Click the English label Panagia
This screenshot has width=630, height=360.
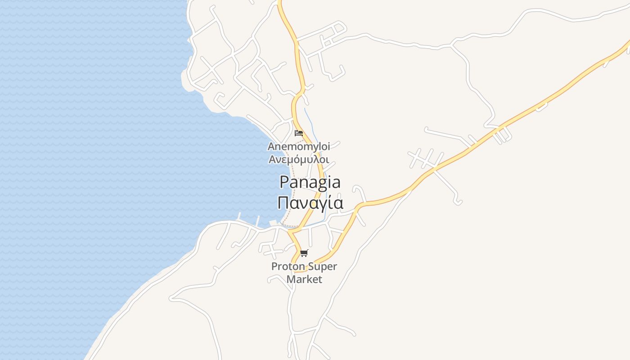coord(310,182)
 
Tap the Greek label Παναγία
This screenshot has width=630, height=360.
coord(310,202)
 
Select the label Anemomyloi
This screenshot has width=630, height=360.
coord(299,147)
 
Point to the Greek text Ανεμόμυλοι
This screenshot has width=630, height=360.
coord(299,159)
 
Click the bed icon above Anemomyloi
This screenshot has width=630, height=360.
coord(298,133)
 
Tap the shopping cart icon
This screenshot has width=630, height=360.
coord(304,253)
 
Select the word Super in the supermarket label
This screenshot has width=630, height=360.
coord(322,266)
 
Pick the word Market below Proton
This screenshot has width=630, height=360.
coord(305,279)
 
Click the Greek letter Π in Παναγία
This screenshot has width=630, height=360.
coord(283,202)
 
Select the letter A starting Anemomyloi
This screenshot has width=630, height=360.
coord(271,147)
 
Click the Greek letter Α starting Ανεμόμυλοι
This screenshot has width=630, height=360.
coord(272,159)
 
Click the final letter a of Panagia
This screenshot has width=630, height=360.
coord(335,183)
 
